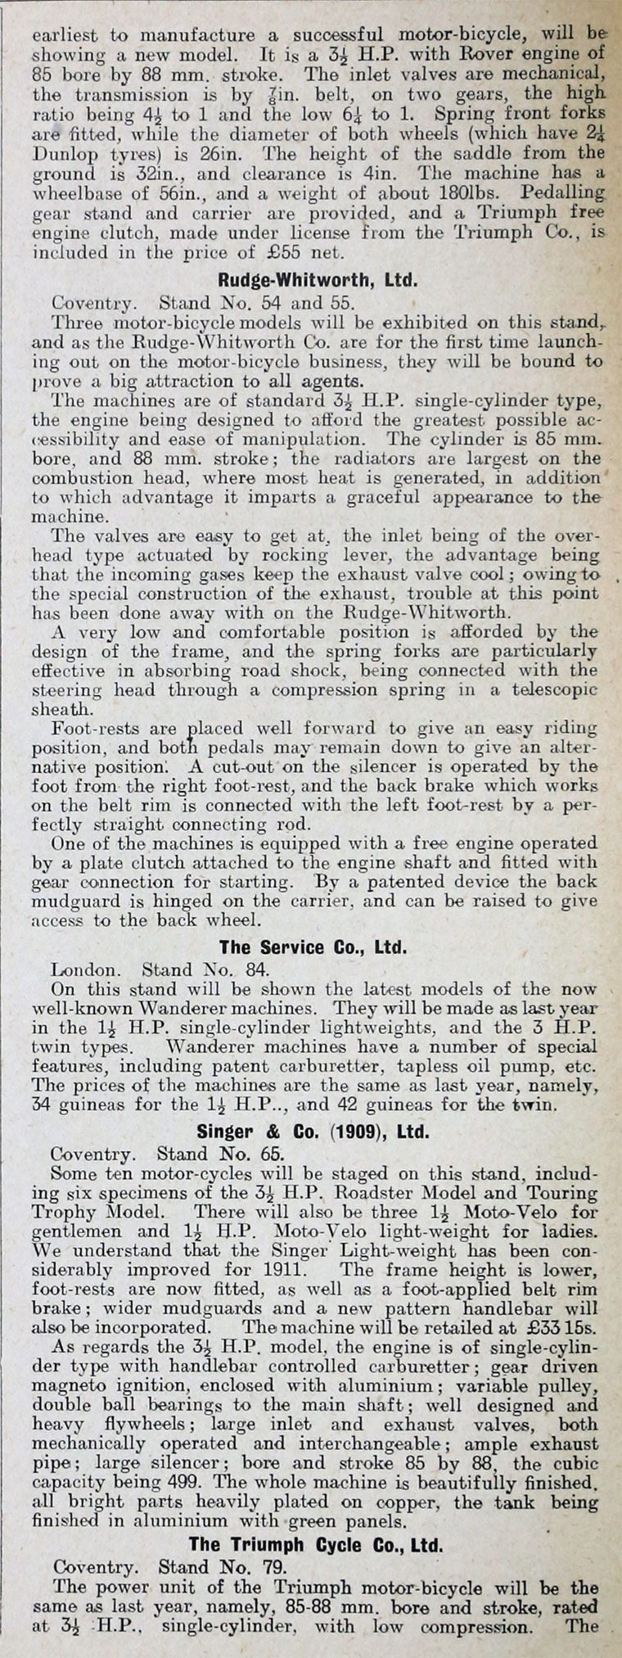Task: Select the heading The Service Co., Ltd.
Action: (313, 947)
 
